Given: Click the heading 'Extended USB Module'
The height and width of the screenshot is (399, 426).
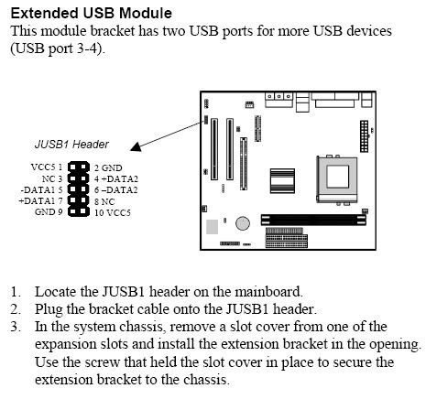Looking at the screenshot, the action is coord(92,13).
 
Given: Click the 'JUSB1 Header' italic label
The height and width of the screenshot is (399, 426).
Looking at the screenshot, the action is coord(71,145).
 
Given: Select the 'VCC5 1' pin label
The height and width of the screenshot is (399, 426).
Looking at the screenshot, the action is coord(47,167).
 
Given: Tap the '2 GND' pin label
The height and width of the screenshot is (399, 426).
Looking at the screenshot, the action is coord(108,167).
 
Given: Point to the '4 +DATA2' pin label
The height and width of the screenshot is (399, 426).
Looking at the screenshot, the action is coord(116,178).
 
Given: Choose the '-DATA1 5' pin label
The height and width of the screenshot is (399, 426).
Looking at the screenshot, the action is coord(41,189).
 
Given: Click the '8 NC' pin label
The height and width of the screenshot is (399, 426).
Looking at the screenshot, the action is coord(104,201).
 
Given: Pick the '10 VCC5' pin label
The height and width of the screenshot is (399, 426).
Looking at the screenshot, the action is coord(113,212).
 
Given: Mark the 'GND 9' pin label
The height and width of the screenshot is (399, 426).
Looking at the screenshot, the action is coord(49,211).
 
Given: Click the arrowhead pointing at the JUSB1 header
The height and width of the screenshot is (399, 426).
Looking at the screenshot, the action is coord(136,147).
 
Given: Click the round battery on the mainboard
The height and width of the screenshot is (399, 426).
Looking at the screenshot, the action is coord(243,223).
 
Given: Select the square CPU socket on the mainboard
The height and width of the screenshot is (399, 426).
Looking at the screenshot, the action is coord(337,179).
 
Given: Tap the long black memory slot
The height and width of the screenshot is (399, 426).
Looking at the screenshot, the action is coord(313,220).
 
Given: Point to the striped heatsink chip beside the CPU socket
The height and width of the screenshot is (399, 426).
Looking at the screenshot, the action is coord(282,181).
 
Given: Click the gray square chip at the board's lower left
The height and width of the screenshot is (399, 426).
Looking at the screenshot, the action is coord(212,227).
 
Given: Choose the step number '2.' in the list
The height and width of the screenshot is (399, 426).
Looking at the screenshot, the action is coord(16,309).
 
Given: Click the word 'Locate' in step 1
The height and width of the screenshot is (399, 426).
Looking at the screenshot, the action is coord(56,292).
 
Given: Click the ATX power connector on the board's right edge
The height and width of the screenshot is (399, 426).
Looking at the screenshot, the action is coord(364,136).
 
